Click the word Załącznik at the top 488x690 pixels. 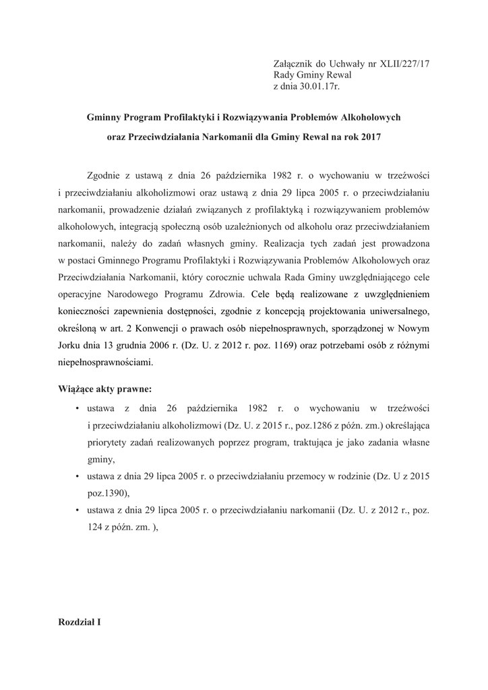pos(294,63)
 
